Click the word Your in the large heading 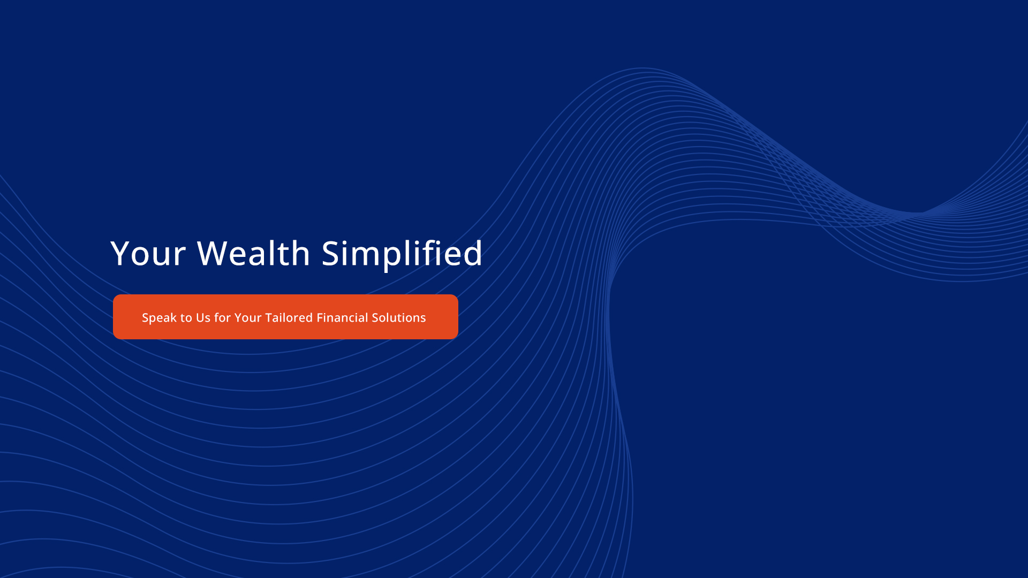tap(148, 253)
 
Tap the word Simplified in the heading tap(402, 255)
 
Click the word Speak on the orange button tap(159, 318)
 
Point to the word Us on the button tap(203, 318)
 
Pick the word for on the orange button tap(222, 317)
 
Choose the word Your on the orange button tap(248, 318)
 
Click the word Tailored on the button tap(289, 317)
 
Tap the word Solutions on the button tap(399, 317)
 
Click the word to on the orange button tap(186, 318)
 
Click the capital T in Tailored tap(270, 318)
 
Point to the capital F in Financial tap(320, 318)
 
